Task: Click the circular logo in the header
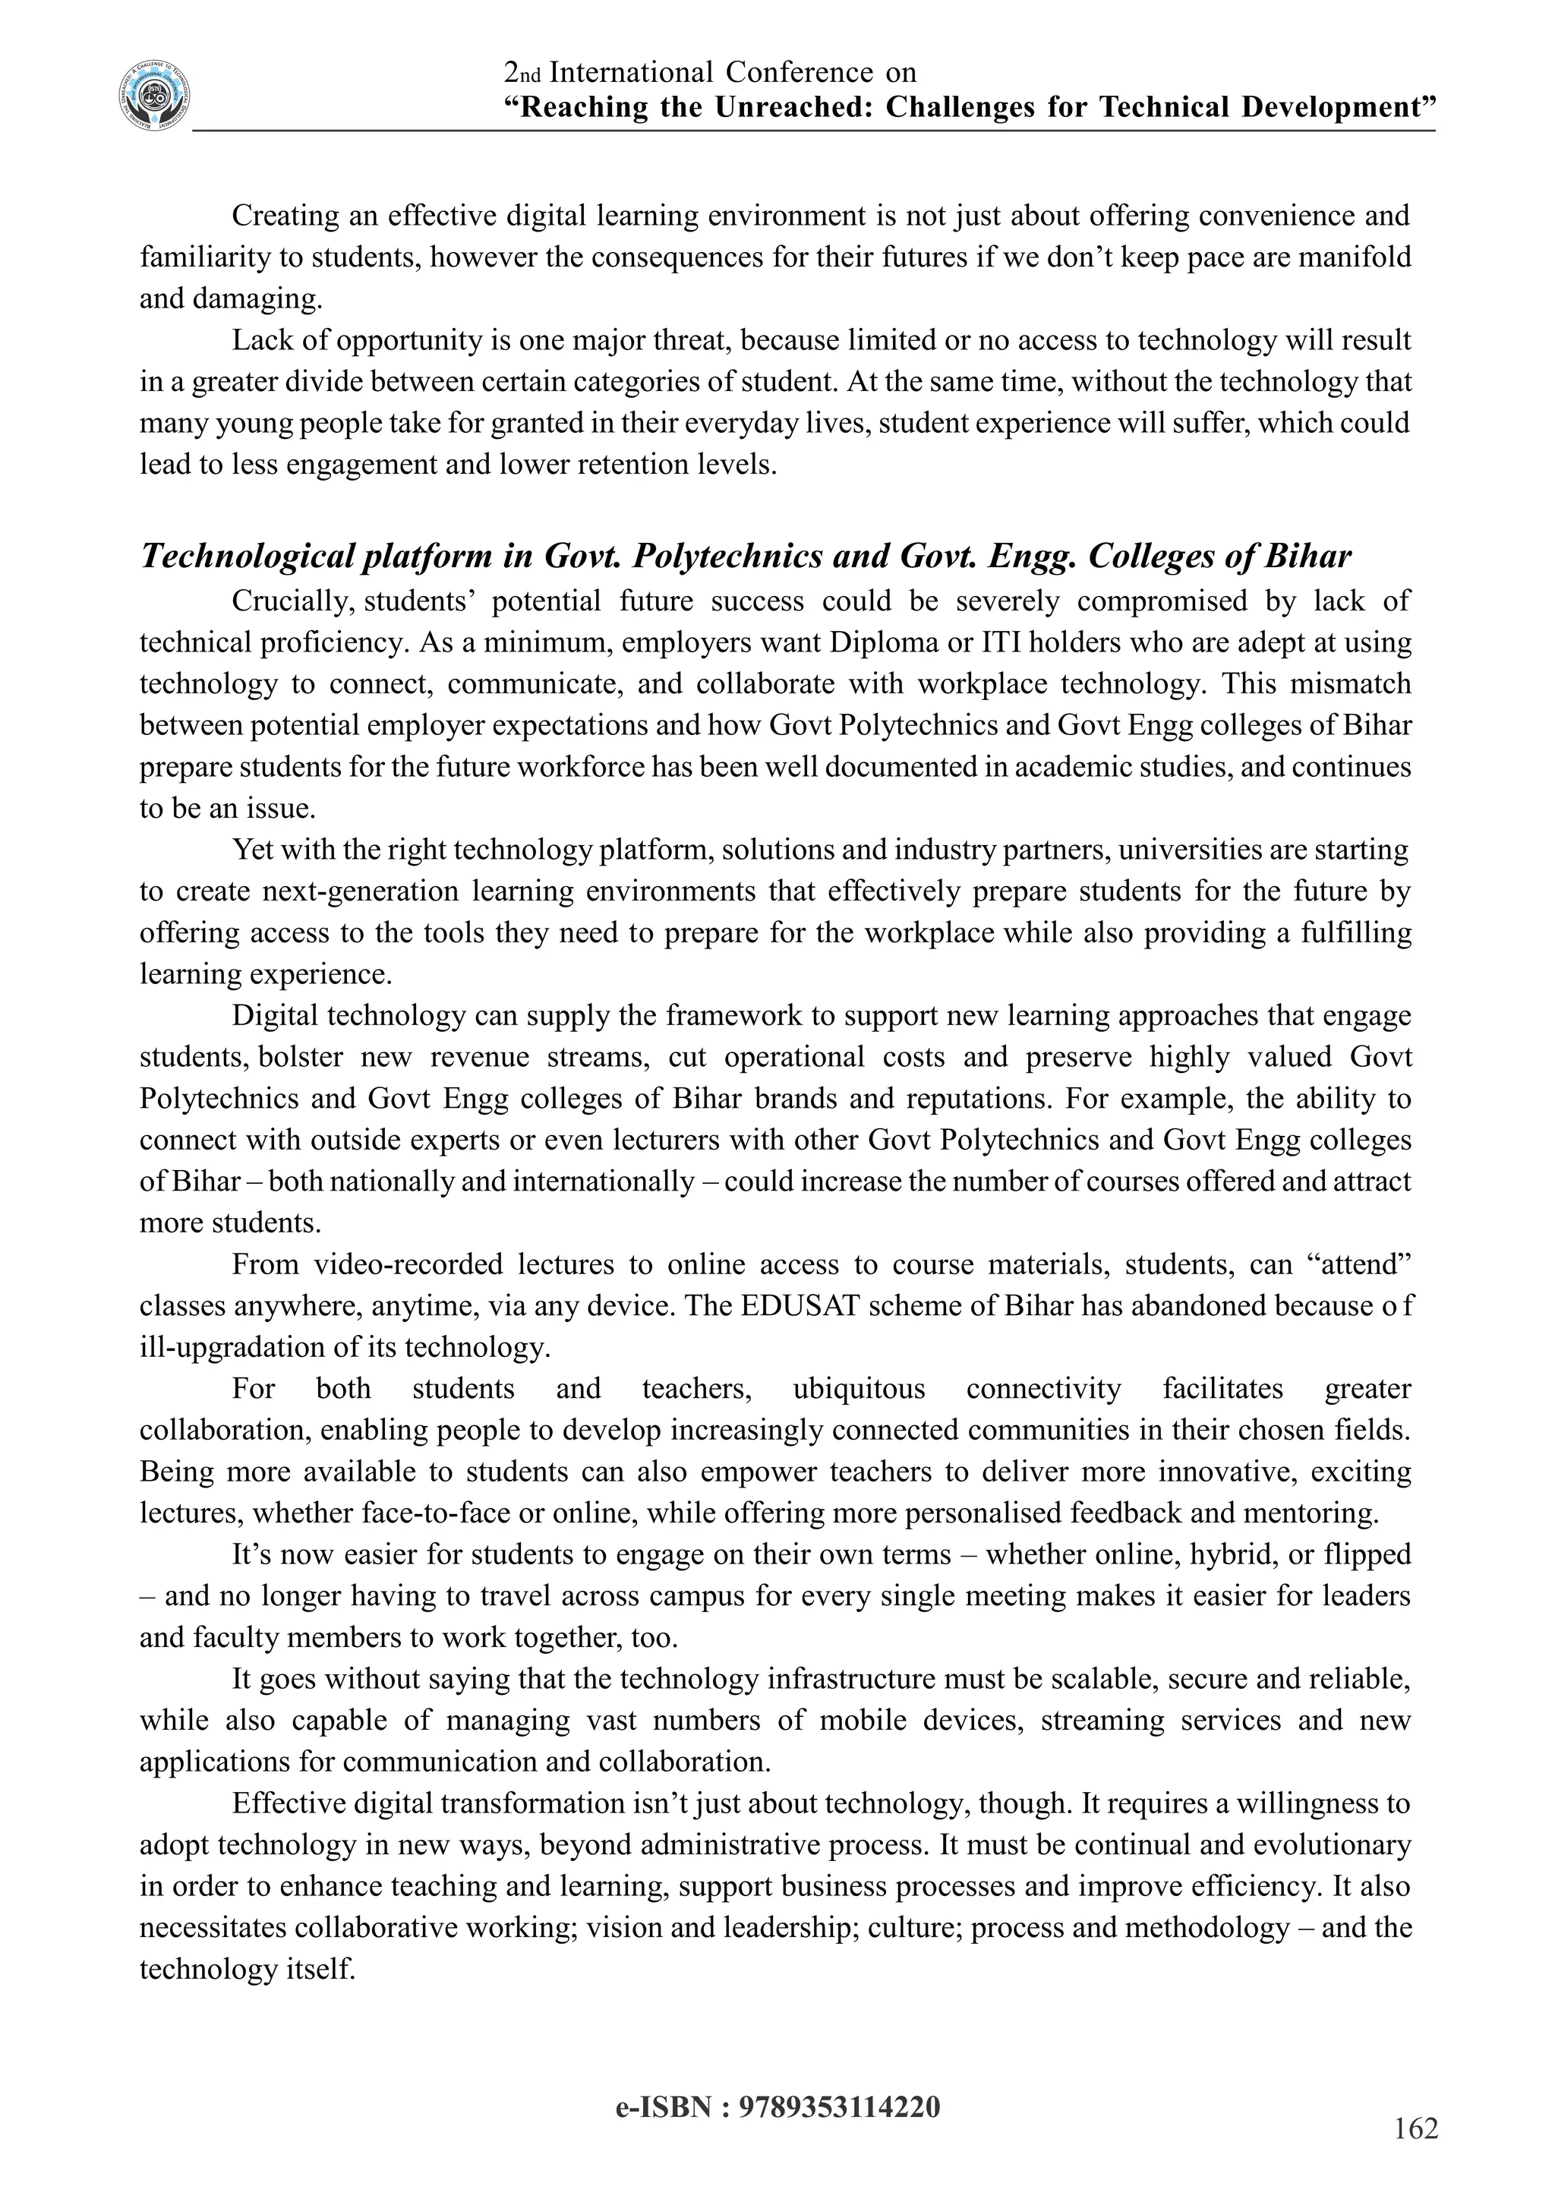coord(154,96)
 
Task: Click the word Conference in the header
coord(799,72)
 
